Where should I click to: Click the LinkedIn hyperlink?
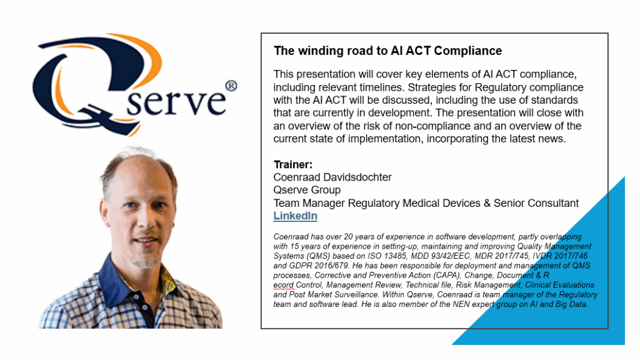(295, 216)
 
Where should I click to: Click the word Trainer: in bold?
(293, 164)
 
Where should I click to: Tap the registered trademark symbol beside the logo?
(231, 86)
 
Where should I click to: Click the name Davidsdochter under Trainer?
(357, 177)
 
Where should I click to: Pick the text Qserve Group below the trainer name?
(307, 190)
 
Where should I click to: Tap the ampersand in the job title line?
(487, 203)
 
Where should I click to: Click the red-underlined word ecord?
(283, 285)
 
